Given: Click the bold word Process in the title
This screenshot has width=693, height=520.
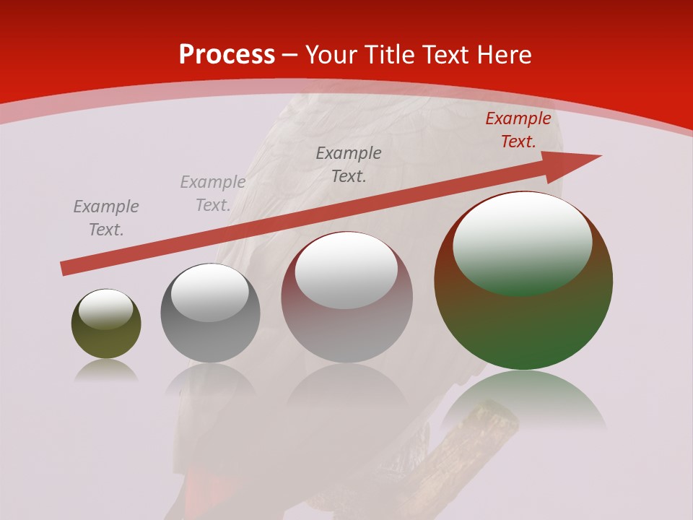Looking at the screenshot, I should (227, 55).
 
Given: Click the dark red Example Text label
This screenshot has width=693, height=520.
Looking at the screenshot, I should (518, 130).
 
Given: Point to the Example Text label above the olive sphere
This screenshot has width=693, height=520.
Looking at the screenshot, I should (105, 218).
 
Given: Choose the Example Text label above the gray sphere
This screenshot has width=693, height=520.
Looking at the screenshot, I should (212, 194).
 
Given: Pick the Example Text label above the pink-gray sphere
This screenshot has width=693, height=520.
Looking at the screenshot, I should (349, 164).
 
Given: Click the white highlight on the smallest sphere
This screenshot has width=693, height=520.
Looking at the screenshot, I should (105, 308).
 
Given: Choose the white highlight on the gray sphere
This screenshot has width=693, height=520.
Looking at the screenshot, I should (209, 291).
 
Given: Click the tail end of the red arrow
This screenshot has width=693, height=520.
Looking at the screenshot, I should (65, 269).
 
